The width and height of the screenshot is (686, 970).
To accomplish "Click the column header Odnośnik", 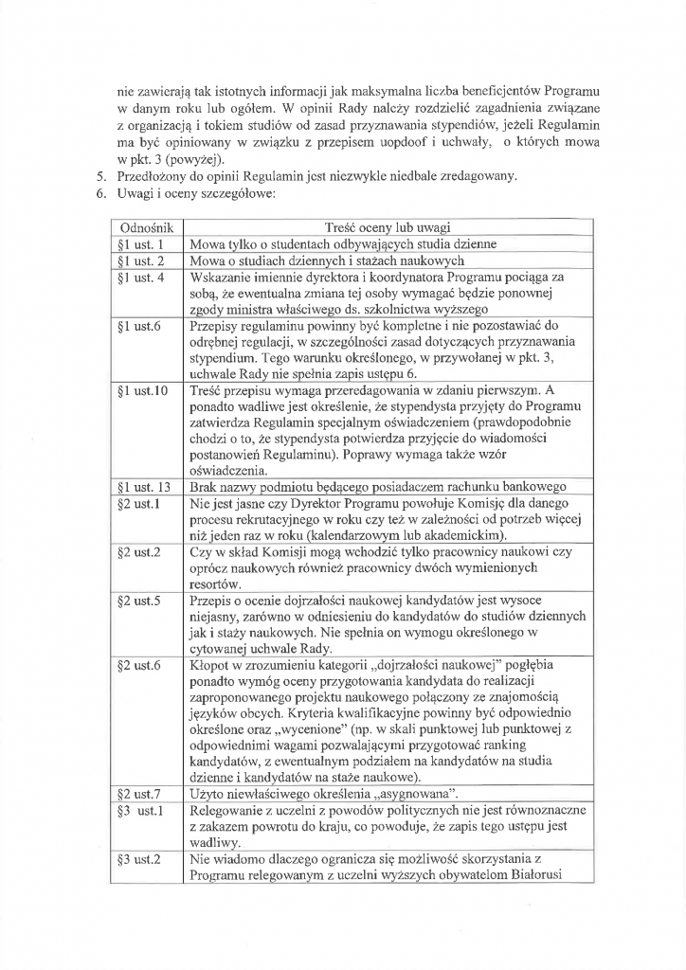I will click(140, 228).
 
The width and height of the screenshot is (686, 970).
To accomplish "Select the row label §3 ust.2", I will click(138, 860).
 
